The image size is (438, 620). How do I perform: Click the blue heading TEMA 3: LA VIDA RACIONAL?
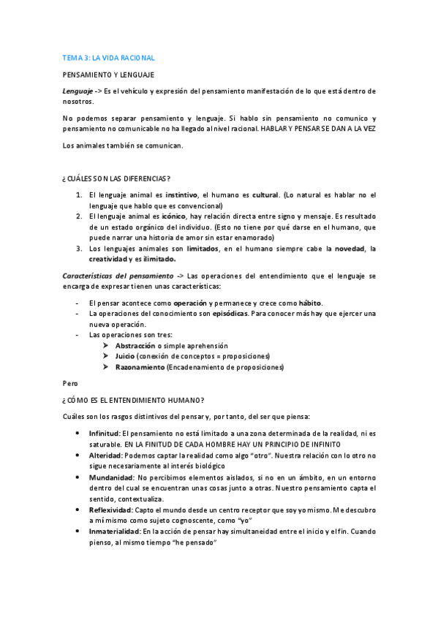click(x=107, y=57)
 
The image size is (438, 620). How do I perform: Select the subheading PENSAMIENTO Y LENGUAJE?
click(x=107, y=75)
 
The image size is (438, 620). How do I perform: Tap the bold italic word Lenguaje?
click(x=77, y=91)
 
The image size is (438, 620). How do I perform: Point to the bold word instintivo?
click(x=181, y=195)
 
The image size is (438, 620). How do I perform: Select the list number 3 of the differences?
click(x=79, y=249)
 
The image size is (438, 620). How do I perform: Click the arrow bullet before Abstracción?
click(x=107, y=345)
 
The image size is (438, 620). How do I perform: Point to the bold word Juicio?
click(x=125, y=356)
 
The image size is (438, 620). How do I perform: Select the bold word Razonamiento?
click(x=140, y=367)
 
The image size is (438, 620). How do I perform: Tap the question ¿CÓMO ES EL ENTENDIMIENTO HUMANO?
click(x=133, y=400)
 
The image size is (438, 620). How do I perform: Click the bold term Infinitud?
click(x=104, y=434)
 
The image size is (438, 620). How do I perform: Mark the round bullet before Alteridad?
click(x=78, y=455)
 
